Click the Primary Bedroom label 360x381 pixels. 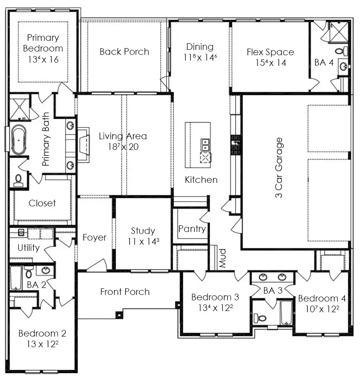pos(43,43)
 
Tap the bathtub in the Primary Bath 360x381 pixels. pos(19,140)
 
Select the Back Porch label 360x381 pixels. pos(124,52)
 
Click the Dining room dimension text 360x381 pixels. pos(200,57)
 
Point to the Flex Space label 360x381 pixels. pos(270,52)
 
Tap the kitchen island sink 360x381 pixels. pos(205,145)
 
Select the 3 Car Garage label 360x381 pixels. pos(279,168)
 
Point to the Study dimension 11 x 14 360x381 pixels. pos(143,241)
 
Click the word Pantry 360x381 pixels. pos(192,229)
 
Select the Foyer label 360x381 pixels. pos(94,238)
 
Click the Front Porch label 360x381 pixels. pos(125,292)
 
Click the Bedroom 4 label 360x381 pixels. pos(322,299)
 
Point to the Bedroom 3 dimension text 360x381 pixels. pos(215,308)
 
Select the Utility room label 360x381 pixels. pos(28,248)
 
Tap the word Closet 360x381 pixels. pos(42,203)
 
